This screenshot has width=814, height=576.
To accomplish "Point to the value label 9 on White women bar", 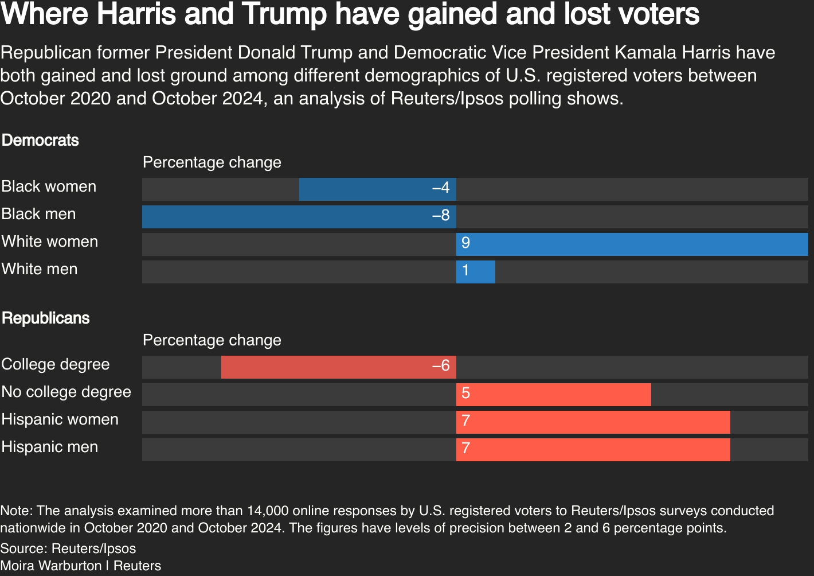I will click(465, 243).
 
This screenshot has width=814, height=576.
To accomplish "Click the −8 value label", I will click(441, 216).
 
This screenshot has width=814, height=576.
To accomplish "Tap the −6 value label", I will click(441, 366).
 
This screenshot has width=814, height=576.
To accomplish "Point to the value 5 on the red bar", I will click(465, 394).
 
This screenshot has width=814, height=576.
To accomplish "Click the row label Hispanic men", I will click(50, 447).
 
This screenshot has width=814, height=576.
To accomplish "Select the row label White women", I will click(50, 242).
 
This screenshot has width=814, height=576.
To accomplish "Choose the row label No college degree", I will click(66, 392).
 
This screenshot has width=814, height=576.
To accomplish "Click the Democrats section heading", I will click(40, 141).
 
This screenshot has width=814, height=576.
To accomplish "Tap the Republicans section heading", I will click(46, 318).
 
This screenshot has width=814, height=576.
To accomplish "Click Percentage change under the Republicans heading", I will click(212, 340).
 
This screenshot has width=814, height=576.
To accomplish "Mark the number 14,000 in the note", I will click(267, 511).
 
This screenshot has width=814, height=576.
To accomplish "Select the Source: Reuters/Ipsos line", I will click(68, 548).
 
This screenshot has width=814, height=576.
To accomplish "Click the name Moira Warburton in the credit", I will click(51, 566).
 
